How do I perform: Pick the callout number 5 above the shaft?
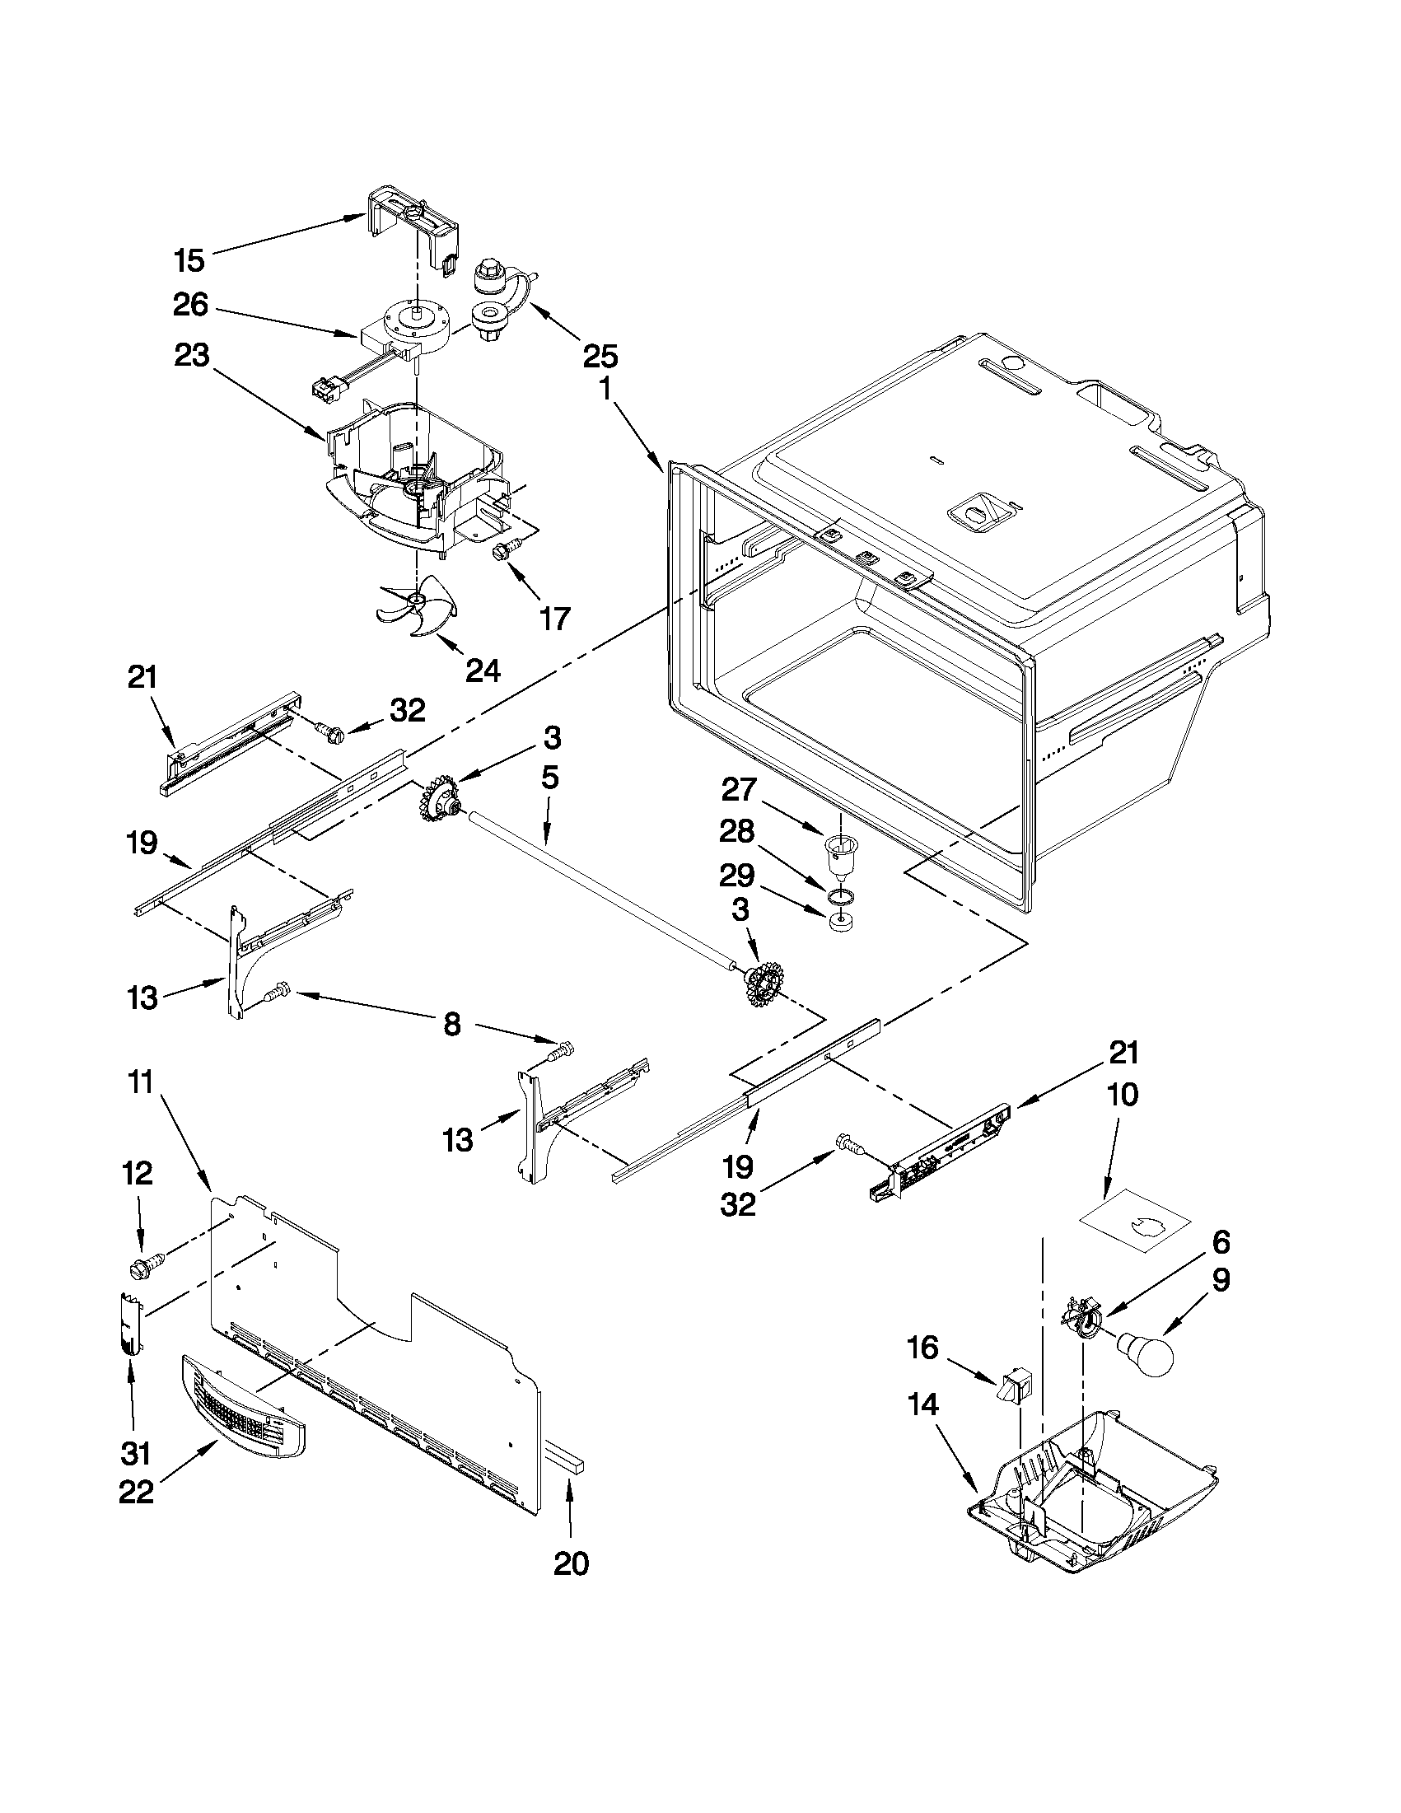pyautogui.click(x=549, y=778)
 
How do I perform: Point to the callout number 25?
pyautogui.click(x=600, y=356)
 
